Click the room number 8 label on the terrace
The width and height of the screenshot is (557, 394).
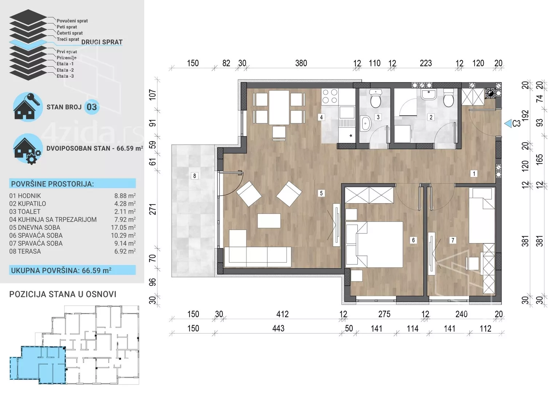tap(195, 176)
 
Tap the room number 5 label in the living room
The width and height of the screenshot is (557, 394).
tap(321, 193)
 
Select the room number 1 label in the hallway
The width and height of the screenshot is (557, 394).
tap(474, 174)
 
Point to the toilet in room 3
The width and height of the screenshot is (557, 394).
tap(376, 98)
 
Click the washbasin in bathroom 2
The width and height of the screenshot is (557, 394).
tap(428, 94)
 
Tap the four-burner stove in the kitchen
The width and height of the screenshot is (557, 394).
tap(330, 96)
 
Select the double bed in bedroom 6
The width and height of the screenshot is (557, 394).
tap(380, 244)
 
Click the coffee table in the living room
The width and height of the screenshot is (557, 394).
tap(269, 221)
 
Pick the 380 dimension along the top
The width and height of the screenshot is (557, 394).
tap(301, 63)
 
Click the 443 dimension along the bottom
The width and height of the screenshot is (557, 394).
tap(278, 328)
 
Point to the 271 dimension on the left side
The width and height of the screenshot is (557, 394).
tap(152, 209)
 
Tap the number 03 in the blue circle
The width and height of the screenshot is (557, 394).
tap(92, 107)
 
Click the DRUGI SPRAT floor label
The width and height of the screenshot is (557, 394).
tap(102, 42)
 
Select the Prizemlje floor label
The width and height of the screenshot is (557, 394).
tap(66, 58)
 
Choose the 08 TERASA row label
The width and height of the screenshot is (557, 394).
tap(25, 251)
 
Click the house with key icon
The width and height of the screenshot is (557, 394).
tap(27, 107)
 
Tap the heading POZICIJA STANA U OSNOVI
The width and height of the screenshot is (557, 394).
tap(63, 294)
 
